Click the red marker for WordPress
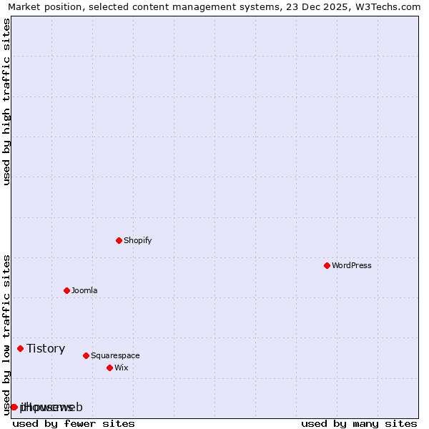tap(327, 265)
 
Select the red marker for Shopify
tap(119, 240)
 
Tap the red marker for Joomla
tap(66, 290)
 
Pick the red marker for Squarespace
tap(86, 355)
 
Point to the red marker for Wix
tap(109, 368)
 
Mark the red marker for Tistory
tap(20, 348)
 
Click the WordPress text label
tap(352, 265)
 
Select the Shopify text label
tap(137, 240)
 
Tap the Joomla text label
tap(84, 290)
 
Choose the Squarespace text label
tap(115, 355)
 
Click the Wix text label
tap(121, 368)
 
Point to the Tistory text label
tap(46, 348)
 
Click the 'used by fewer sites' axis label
tap(74, 423)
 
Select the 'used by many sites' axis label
tap(359, 423)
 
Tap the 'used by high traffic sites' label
tap(6, 102)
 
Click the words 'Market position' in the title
tap(44, 6)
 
